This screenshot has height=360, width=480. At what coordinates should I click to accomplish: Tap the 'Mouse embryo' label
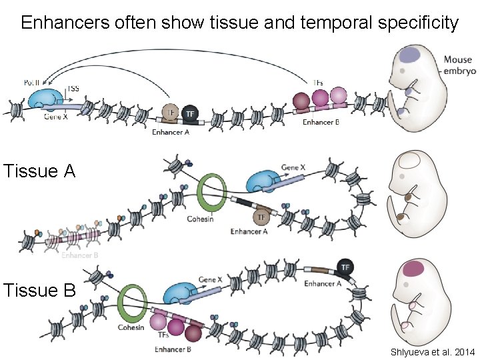click(x=458, y=65)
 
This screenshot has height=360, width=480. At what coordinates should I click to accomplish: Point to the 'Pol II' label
click(x=32, y=81)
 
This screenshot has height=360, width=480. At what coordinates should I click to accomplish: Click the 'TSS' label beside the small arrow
click(x=73, y=88)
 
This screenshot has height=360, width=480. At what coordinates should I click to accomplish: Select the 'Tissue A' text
click(x=39, y=171)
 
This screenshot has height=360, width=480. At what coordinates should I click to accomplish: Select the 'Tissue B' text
click(x=39, y=291)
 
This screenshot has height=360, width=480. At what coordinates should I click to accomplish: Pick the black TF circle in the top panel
click(x=191, y=114)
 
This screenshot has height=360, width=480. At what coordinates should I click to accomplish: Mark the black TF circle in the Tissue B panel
click(x=345, y=267)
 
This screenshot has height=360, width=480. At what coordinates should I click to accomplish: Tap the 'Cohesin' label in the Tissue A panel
click(x=200, y=219)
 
